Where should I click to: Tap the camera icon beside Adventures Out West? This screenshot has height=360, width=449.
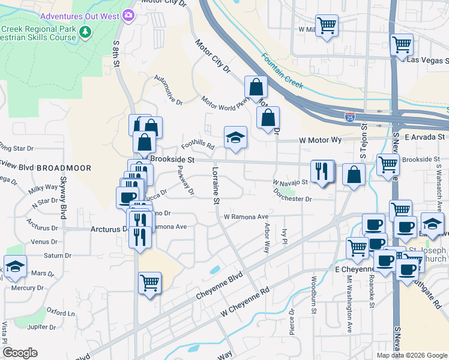tap(128, 14)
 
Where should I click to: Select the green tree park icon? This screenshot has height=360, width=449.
tap(86, 31)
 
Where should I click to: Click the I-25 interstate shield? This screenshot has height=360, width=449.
tap(349, 116)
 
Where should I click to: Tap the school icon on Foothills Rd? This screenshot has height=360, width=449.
tap(236, 137)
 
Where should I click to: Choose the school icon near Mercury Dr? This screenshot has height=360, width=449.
tap(15, 266)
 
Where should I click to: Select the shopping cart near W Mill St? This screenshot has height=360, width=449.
tap(327, 26)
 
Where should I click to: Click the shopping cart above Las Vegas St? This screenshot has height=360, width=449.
tap(402, 44)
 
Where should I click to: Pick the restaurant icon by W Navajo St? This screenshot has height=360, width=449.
tap(322, 171)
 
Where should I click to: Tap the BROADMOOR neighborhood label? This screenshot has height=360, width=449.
tap(63, 169)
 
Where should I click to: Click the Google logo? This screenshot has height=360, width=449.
tap(20, 353)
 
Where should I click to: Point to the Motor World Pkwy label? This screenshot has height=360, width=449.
tap(224, 104)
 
